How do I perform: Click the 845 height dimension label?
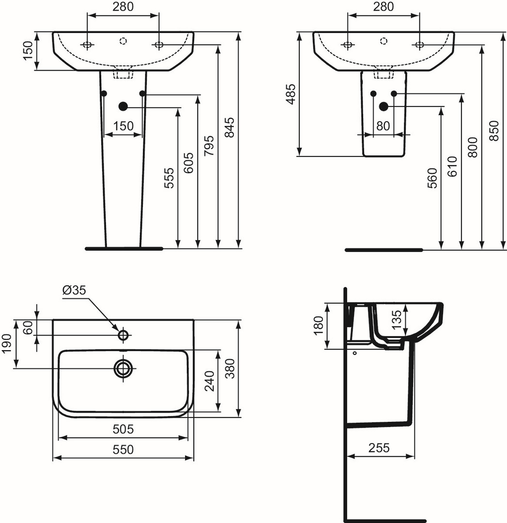click(x=230, y=127)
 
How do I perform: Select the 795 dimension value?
click(x=209, y=145)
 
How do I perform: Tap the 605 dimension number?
click(x=189, y=163)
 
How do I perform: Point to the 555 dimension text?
click(x=169, y=178)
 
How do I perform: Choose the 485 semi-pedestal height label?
click(x=291, y=94)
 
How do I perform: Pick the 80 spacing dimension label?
click(x=383, y=126)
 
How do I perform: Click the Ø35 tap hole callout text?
click(x=74, y=290)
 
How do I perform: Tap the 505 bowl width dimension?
click(x=123, y=429)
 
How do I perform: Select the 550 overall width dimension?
click(x=123, y=449)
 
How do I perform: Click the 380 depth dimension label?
click(x=230, y=369)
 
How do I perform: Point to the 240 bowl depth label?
click(x=210, y=381)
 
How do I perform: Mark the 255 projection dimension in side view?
click(x=379, y=447)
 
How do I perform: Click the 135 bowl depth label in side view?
click(x=397, y=320)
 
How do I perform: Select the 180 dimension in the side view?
click(x=319, y=325)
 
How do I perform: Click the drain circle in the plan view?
click(x=123, y=368)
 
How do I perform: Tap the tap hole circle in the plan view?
click(x=123, y=335)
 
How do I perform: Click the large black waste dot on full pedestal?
click(x=123, y=107)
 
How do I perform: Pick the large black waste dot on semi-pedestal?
click(x=384, y=107)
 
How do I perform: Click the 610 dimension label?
click(x=452, y=166)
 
